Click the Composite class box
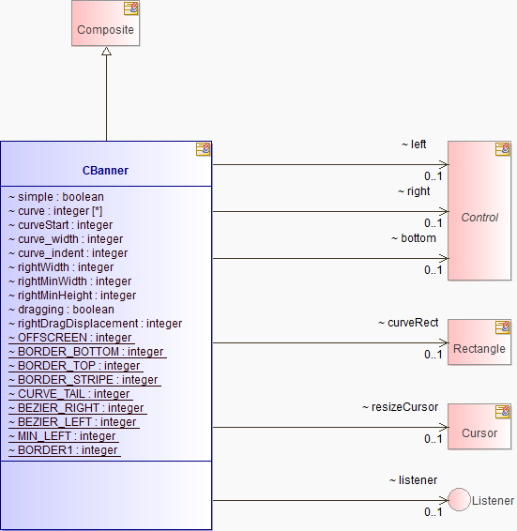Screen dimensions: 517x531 (x=105, y=23)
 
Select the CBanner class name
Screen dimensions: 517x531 (x=105, y=171)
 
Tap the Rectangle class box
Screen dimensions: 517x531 (x=479, y=342)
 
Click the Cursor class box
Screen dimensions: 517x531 (x=479, y=426)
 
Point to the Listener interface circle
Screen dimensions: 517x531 (x=459, y=499)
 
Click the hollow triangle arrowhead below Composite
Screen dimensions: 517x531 (x=106, y=52)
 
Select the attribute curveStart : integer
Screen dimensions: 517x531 (x=60, y=225)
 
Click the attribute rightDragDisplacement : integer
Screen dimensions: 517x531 (x=95, y=324)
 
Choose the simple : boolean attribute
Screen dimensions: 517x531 (x=56, y=197)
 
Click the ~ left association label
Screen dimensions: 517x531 (x=414, y=144)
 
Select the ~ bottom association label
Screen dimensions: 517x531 (x=414, y=238)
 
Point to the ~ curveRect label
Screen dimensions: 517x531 (x=408, y=323)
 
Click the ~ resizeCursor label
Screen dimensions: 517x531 (x=400, y=407)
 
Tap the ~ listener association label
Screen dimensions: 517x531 (x=414, y=479)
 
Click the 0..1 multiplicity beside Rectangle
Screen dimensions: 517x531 (x=433, y=355)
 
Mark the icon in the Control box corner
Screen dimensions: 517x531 (x=502, y=149)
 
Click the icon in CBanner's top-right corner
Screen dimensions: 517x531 (x=203, y=149)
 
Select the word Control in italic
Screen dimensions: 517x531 (x=479, y=218)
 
